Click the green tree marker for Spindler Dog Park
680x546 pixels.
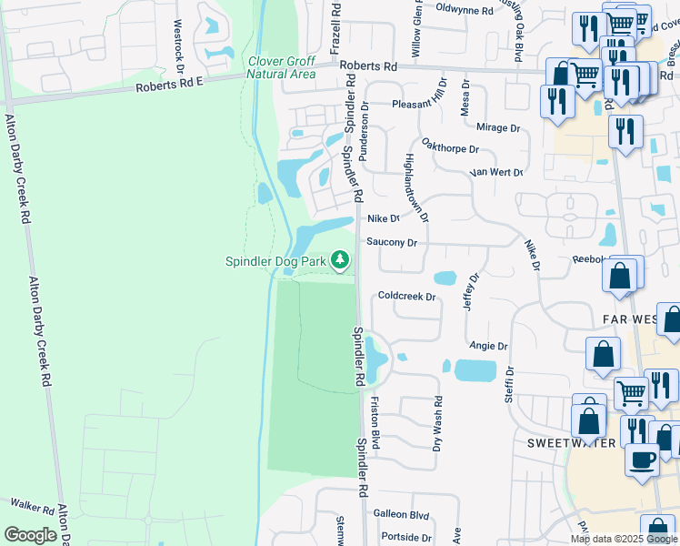(x=340, y=261)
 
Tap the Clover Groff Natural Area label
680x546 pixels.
(x=282, y=68)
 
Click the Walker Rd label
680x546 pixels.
(x=33, y=503)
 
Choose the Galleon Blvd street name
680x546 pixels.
(x=405, y=514)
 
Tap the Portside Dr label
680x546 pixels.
(x=405, y=537)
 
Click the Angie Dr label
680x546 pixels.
(x=488, y=346)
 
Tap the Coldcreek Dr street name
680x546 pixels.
(x=407, y=296)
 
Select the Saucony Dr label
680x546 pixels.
(x=392, y=243)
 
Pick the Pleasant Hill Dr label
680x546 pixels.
(x=420, y=105)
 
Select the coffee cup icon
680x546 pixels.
(x=644, y=459)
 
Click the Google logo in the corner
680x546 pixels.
(x=30, y=535)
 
